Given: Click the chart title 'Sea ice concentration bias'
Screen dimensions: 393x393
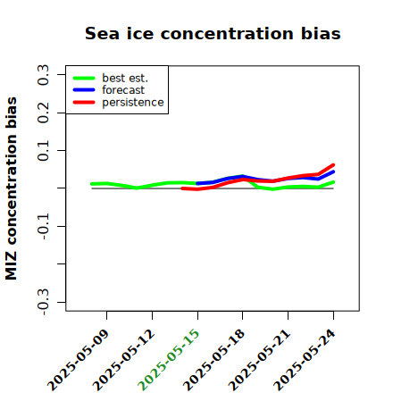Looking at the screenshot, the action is click(x=213, y=34).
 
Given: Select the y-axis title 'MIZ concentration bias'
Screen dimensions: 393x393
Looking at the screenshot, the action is click(x=12, y=188).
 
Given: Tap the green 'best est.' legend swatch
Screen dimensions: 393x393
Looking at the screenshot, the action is click(x=84, y=78).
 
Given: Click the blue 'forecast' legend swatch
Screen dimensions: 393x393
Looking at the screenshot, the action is click(x=84, y=90).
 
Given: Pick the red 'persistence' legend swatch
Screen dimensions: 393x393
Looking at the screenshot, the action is click(x=84, y=102).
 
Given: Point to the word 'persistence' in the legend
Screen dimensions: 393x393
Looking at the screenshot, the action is click(x=133, y=103).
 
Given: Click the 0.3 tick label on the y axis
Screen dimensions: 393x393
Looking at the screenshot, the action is click(x=44, y=75).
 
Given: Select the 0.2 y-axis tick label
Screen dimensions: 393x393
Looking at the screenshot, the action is click(x=44, y=113).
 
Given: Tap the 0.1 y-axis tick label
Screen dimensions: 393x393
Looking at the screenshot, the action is click(x=44, y=151).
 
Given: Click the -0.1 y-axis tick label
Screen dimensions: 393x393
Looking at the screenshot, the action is click(x=44, y=226).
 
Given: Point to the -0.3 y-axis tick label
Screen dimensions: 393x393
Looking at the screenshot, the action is click(x=44, y=302).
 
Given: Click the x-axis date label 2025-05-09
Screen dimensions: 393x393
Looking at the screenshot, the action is click(x=78, y=360).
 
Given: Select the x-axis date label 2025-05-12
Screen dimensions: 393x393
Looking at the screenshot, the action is click(x=123, y=360).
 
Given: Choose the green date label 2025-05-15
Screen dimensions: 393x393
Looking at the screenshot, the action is click(x=169, y=360).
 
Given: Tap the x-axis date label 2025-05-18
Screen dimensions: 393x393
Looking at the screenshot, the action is click(x=213, y=360).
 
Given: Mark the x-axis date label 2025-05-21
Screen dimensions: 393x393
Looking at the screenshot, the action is click(x=259, y=360).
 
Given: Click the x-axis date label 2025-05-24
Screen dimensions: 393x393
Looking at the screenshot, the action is click(x=305, y=360).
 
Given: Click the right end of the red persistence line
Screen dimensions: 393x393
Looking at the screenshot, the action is click(x=333, y=164).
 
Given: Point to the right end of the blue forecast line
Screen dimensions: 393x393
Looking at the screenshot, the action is click(x=333, y=171).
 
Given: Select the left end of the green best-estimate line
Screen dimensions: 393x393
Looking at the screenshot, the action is click(x=92, y=184).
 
